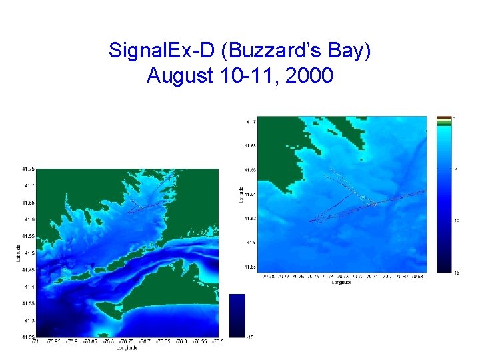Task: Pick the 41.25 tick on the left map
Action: pos(27,337)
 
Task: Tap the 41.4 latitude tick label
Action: pos(29,287)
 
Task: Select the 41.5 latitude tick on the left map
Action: pos(29,253)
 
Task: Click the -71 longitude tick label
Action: pos(35,341)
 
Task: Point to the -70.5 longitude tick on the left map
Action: pos(217,341)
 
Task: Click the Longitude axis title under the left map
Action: pos(126,347)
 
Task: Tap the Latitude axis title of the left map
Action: pos(19,253)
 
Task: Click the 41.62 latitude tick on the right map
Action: pos(250,218)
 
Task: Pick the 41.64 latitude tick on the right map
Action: pos(250,194)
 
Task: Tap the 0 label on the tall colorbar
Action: pos(455,116)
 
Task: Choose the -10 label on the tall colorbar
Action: pos(455,220)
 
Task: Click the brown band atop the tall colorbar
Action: pos(443,117)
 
